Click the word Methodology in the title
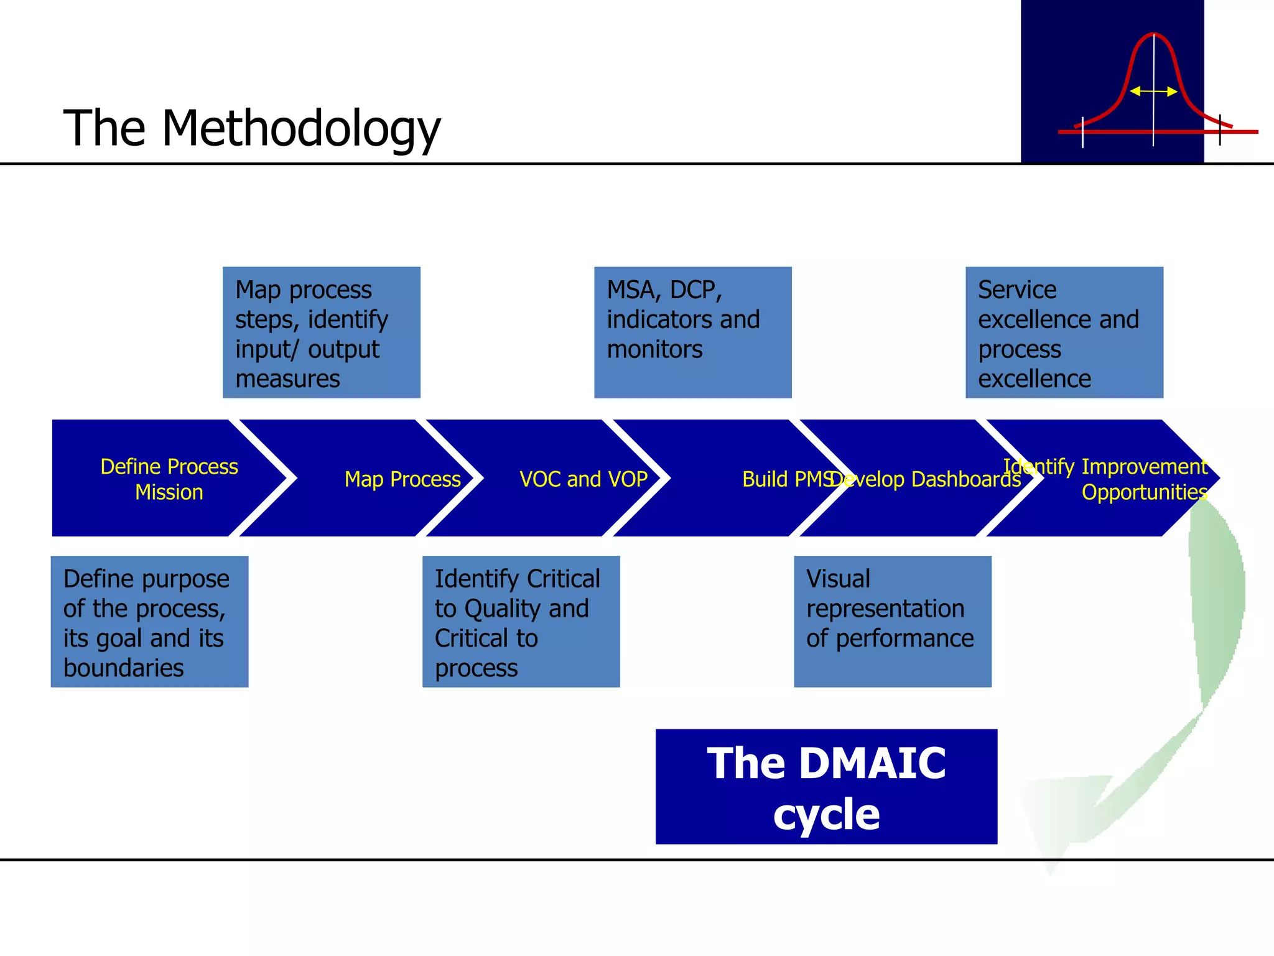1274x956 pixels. tap(301, 129)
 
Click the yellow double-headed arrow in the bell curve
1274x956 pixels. tap(1153, 91)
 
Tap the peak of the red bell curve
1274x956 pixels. tap(1153, 34)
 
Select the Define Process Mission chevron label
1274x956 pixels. tap(169, 479)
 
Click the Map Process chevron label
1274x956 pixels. tap(402, 479)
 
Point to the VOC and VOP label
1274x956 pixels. tap(584, 479)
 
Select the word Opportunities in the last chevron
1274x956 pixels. tap(1144, 492)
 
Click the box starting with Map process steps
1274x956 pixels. tap(321, 332)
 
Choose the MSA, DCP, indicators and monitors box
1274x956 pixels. tap(692, 332)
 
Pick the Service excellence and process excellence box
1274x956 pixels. tap(1064, 332)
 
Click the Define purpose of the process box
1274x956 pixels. tap(149, 621)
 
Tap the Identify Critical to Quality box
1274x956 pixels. tap(521, 621)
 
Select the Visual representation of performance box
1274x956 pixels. tap(892, 621)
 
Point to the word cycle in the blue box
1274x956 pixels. tap(826, 814)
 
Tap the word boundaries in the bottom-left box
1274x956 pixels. tap(123, 668)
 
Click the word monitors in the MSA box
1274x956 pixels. tap(654, 349)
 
